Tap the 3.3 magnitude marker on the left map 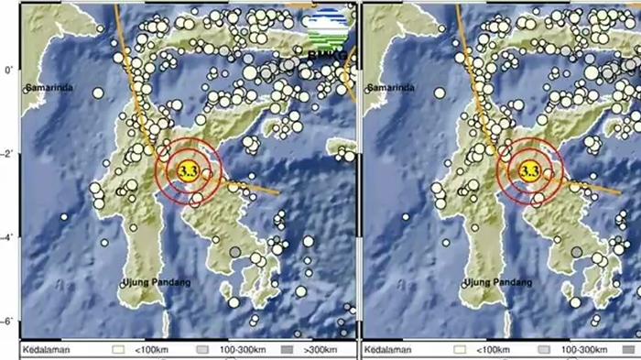tap(189, 170)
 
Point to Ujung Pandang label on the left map tap(157, 284)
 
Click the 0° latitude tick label tap(8, 70)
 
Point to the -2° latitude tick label tap(8, 154)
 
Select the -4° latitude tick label tap(8, 237)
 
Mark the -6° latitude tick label tap(8, 322)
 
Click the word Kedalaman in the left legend tap(49, 350)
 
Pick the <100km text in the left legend tap(147, 350)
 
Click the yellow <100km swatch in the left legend tap(117, 350)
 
